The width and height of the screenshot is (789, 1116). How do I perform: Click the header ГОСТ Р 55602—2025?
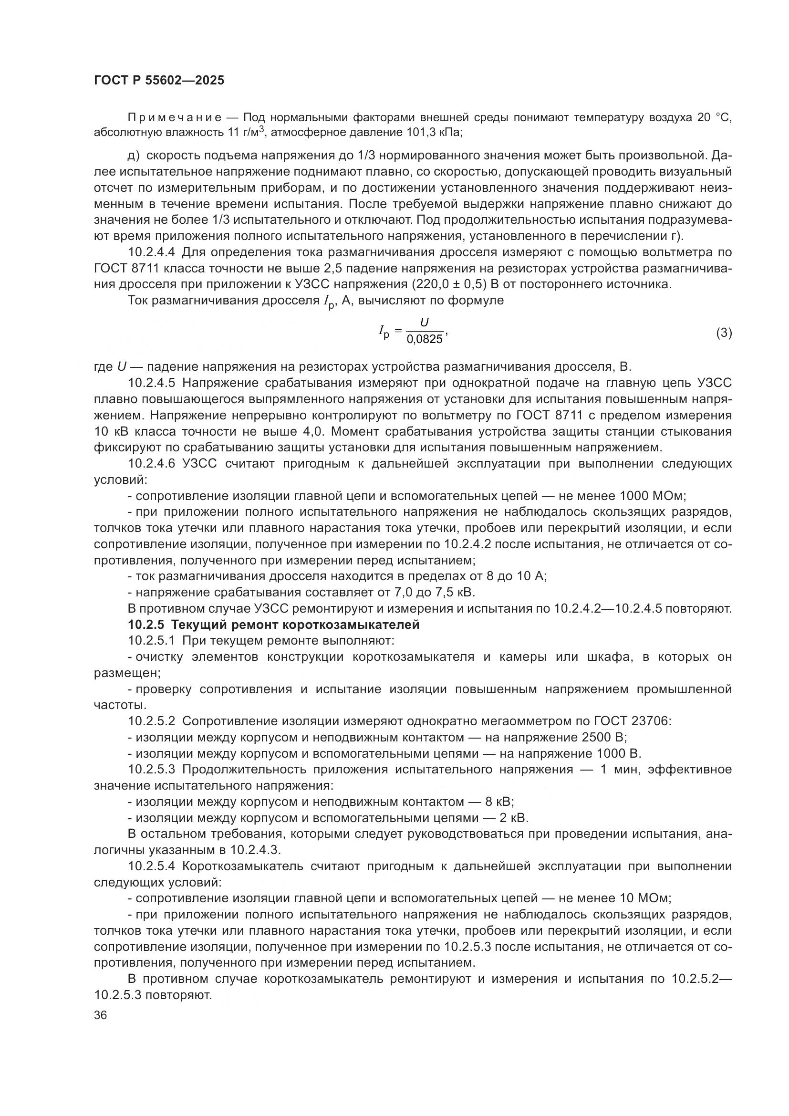(159, 81)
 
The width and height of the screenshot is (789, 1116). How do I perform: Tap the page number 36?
(101, 1015)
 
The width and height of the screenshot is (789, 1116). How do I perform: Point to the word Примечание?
(175, 118)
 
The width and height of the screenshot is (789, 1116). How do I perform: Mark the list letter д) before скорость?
(134, 156)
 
